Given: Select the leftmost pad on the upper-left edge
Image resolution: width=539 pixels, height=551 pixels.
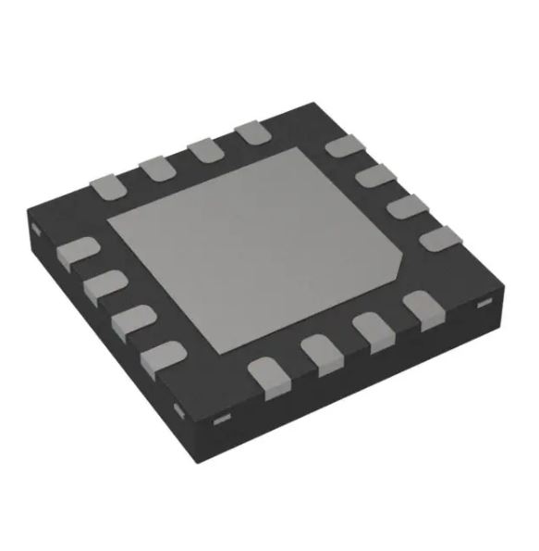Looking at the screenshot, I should pyautogui.click(x=107, y=184).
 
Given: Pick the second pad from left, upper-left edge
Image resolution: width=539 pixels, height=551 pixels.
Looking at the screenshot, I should pyautogui.click(x=154, y=167).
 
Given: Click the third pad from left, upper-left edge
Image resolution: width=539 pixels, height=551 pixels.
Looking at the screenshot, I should pyautogui.click(x=202, y=149).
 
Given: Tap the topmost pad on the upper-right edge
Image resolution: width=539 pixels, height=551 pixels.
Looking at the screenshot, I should pyautogui.click(x=343, y=146).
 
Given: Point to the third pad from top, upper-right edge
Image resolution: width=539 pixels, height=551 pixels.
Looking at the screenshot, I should pyautogui.click(x=405, y=206).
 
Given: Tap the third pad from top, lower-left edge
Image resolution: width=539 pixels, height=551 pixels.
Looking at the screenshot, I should pyautogui.click(x=134, y=319).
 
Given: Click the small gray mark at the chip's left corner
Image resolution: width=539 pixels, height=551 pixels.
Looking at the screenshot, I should pyautogui.click(x=34, y=226).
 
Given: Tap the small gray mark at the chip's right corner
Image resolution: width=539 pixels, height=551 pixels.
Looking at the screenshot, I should pyautogui.click(x=482, y=304).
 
